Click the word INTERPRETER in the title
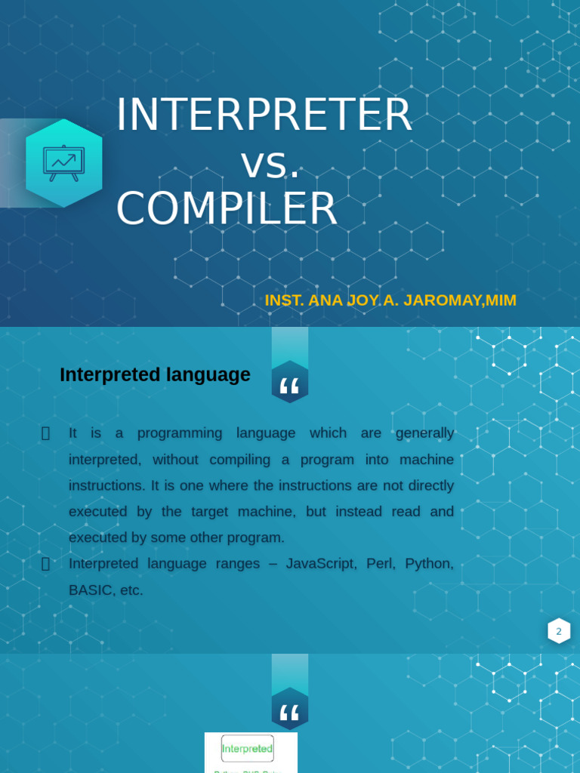pos(264,115)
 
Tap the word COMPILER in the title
pos(226,209)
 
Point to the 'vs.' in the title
pos(270,163)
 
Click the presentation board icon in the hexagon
pos(63,162)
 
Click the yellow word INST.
pos(284,300)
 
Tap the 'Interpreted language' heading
pos(155,374)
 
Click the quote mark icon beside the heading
pos(290,386)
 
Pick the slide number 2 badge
pos(559,631)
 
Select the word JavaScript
pos(321,564)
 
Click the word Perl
pos(381,564)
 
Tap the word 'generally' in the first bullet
pos(424,433)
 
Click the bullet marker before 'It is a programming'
pos(45,433)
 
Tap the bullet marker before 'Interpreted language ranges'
pos(45,564)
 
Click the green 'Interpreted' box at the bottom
pos(247,749)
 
